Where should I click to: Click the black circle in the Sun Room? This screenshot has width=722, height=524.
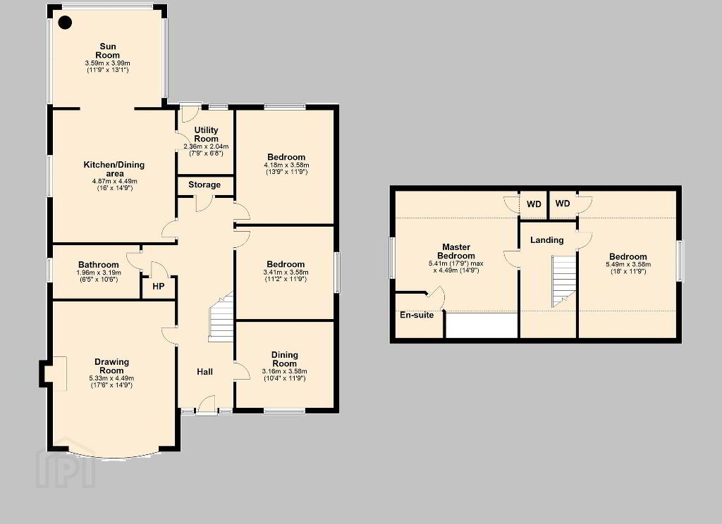click(66, 23)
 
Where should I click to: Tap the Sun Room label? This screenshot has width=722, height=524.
click(108, 51)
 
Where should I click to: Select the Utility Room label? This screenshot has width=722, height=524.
click(206, 135)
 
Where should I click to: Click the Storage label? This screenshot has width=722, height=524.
click(204, 185)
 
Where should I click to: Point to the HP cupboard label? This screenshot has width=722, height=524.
click(159, 286)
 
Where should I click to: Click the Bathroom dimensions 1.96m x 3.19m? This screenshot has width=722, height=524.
click(99, 273)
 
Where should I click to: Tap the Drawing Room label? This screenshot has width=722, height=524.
click(111, 366)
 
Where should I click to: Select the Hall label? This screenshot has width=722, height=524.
click(205, 372)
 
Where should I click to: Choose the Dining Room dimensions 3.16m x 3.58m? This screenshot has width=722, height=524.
click(285, 371)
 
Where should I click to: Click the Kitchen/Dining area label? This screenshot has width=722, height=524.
click(114, 169)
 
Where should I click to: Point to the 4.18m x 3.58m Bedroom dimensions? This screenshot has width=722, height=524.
click(286, 166)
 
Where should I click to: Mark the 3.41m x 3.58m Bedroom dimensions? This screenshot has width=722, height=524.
click(286, 272)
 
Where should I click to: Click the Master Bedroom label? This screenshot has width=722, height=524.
click(456, 251)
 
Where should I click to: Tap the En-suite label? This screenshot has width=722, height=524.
click(417, 315)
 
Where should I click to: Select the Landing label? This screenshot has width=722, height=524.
click(547, 239)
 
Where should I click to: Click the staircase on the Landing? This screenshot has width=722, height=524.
click(564, 281)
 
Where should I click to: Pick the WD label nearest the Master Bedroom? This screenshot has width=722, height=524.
click(534, 204)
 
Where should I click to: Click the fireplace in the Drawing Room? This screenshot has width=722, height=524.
click(53, 373)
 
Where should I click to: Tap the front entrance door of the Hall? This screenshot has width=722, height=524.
click(207, 405)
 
